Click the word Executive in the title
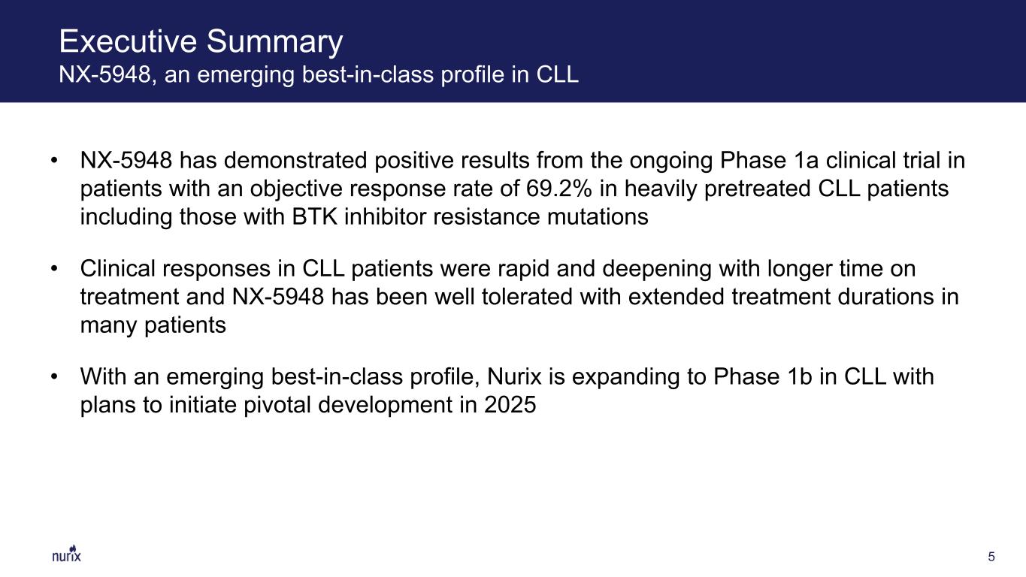pyautogui.click(x=129, y=41)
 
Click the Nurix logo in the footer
pyautogui.click(x=66, y=554)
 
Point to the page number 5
pyautogui.click(x=991, y=557)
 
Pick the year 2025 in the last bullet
pyautogui.click(x=510, y=405)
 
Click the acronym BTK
pyautogui.click(x=315, y=216)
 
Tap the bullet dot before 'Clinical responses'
pyautogui.click(x=55, y=268)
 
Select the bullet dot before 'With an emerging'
pyautogui.click(x=55, y=376)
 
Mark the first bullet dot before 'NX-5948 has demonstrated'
pyautogui.click(x=55, y=160)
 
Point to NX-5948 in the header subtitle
pyautogui.click(x=105, y=74)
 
